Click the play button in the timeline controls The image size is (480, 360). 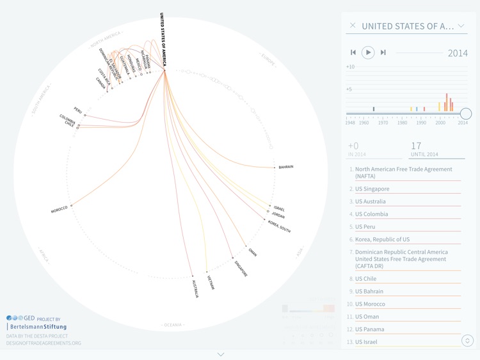(x=367, y=52)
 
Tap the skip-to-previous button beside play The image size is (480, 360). (x=353, y=52)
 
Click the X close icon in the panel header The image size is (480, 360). (x=353, y=26)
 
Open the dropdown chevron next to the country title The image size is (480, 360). (x=461, y=26)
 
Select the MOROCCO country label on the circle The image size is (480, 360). (x=59, y=209)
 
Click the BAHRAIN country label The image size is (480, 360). (x=286, y=167)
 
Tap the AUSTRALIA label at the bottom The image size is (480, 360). (x=195, y=288)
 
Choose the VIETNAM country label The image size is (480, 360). (x=211, y=282)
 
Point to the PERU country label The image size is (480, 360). (x=77, y=109)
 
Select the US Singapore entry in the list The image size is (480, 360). (x=372, y=189)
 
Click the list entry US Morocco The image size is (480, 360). (x=370, y=304)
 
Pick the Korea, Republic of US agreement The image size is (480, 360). (x=382, y=239)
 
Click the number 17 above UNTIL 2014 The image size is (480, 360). (x=416, y=146)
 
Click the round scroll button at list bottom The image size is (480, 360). (x=467, y=341)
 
